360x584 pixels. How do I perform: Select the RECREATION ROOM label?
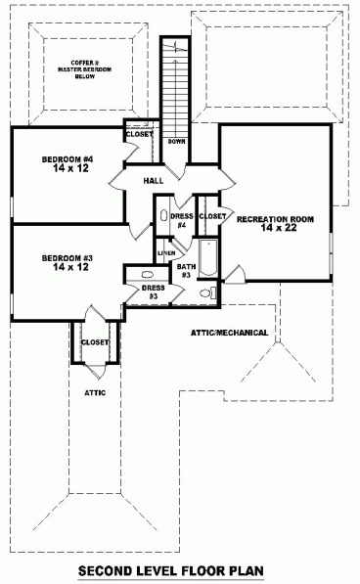click(275, 219)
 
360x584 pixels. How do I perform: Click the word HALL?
click(153, 181)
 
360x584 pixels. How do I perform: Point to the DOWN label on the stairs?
click(177, 142)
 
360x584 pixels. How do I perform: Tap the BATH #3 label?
click(184, 270)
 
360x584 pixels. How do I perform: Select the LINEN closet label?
click(166, 252)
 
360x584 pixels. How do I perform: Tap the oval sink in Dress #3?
click(147, 276)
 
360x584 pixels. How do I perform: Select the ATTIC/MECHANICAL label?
click(230, 333)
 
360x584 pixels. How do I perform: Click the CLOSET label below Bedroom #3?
click(95, 342)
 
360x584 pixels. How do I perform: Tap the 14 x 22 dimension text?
click(275, 228)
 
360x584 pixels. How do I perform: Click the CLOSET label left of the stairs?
click(139, 134)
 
